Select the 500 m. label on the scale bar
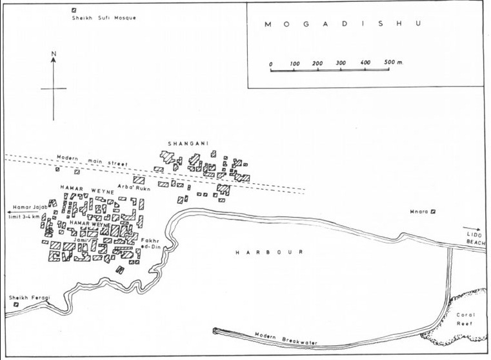click(x=393, y=63)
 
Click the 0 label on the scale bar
click(x=271, y=63)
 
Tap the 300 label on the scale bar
click(x=341, y=63)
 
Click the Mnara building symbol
click(x=434, y=211)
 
